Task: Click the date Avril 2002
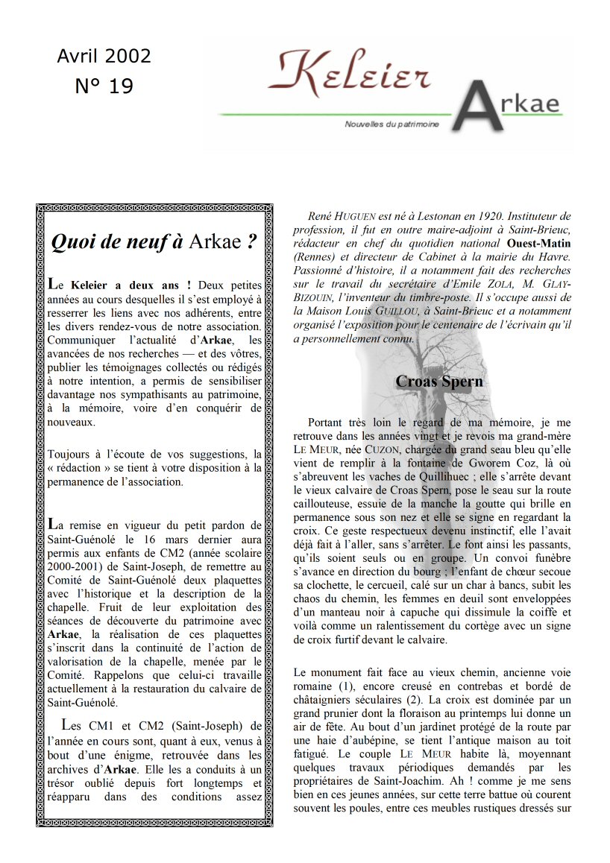click(104, 57)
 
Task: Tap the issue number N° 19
click(104, 86)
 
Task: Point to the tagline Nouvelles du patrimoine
click(392, 124)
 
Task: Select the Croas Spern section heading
click(439, 382)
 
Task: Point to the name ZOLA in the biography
click(485, 284)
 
